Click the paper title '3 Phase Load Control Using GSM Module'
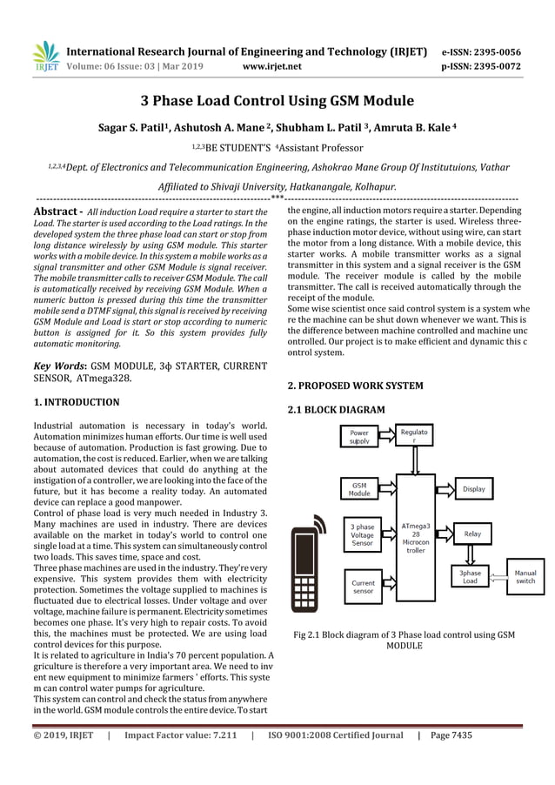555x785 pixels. click(x=277, y=101)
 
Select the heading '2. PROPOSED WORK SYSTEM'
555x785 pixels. click(x=355, y=385)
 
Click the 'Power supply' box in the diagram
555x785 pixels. click(x=359, y=437)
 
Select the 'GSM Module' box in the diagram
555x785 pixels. click(x=359, y=488)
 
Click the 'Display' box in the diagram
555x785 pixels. click(x=473, y=489)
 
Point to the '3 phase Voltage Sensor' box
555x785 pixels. click(x=362, y=534)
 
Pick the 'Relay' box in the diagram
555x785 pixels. click(x=472, y=533)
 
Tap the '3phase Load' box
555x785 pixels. click(x=470, y=576)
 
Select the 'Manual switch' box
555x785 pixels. click(x=525, y=576)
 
